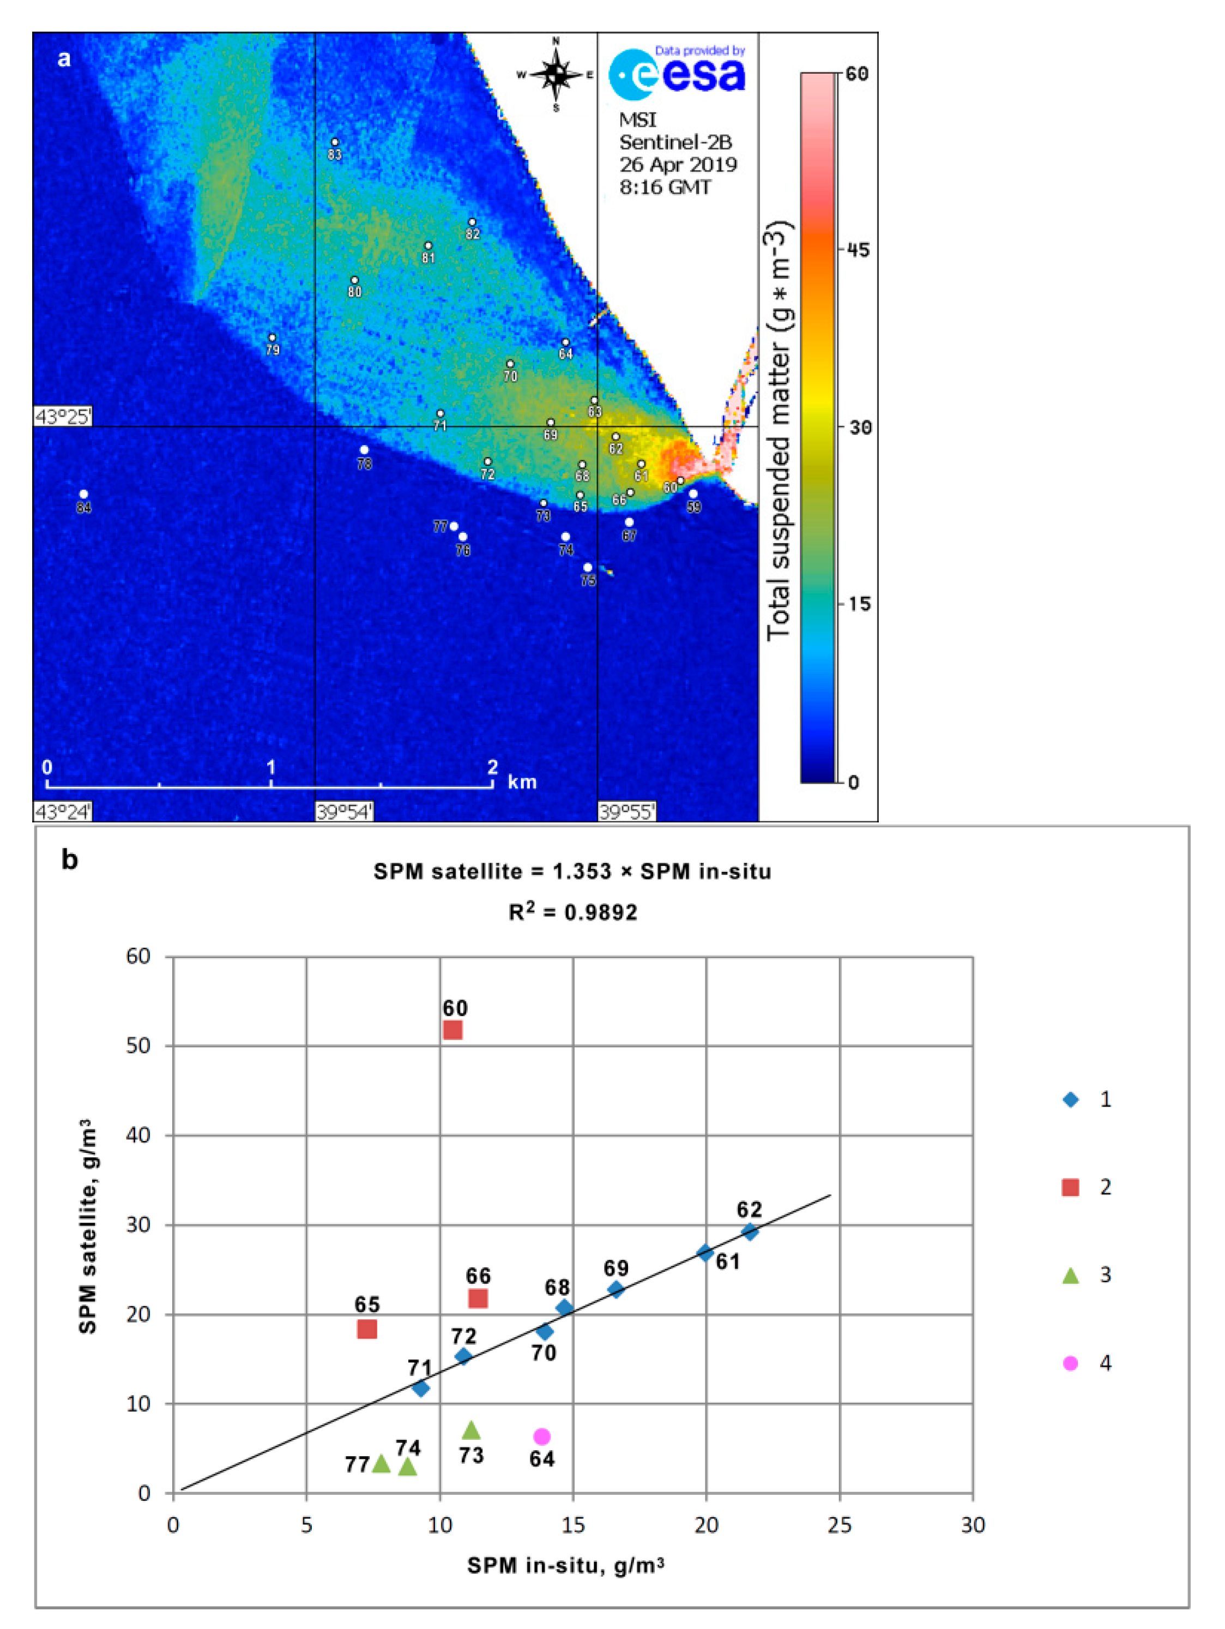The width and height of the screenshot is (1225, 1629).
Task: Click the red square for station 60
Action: pos(452,1030)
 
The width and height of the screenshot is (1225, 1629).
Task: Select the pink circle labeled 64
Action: pos(542,1436)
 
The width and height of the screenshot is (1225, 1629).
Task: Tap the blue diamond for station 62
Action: pos(750,1231)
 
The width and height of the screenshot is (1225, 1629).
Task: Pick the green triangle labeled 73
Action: pos(471,1430)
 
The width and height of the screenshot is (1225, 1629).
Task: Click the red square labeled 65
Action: pos(366,1329)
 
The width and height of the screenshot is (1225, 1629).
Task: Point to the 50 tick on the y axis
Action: pos(138,1046)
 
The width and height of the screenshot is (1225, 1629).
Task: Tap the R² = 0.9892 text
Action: pos(573,912)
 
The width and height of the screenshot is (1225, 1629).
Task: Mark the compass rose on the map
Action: pos(557,74)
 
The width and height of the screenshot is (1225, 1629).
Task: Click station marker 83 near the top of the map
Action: pos(335,142)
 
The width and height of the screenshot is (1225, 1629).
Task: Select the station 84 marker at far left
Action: pos(83,494)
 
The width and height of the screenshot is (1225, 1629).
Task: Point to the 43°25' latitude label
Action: pos(63,417)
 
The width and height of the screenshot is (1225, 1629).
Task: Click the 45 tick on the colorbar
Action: pos(854,250)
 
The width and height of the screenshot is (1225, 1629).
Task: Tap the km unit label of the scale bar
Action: pos(521,782)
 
